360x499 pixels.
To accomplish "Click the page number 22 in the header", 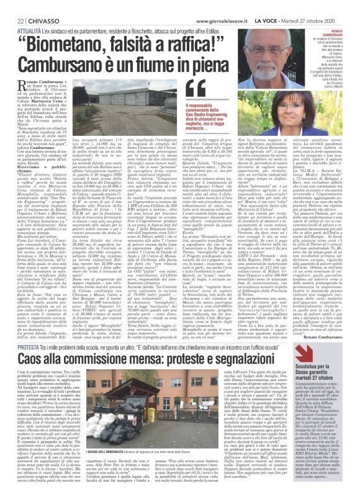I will [12, 5].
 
